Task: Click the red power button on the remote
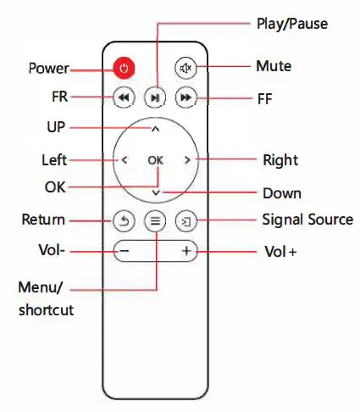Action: click(125, 68)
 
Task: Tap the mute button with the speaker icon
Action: click(186, 68)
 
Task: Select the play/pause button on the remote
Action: click(155, 98)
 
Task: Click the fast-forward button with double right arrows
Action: click(186, 98)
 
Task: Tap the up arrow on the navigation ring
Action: click(155, 129)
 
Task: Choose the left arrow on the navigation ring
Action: click(125, 159)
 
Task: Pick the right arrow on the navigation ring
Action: click(186, 159)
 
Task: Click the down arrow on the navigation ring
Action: click(155, 192)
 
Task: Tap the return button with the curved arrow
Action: click(125, 221)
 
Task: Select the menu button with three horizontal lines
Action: click(155, 221)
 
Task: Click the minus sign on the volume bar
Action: click(125, 252)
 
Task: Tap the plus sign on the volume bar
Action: click(186, 252)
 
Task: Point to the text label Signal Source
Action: click(307, 220)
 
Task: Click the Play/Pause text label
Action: click(292, 24)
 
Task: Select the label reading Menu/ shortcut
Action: click(46, 298)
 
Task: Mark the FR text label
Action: click(59, 97)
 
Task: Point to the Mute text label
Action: click(274, 65)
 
